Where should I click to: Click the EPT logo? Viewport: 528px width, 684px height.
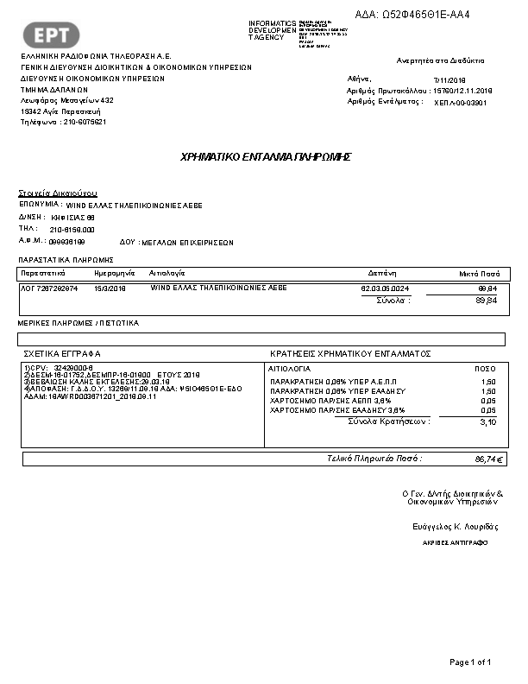coord(56,34)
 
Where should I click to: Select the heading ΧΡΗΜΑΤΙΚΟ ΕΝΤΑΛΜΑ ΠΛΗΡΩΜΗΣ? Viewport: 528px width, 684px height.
coord(266,157)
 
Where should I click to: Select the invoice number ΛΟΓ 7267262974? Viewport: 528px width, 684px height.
coord(49,288)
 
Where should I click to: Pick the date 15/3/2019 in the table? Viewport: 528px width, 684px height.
coord(110,288)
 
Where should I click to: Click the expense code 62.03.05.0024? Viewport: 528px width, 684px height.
coord(385,288)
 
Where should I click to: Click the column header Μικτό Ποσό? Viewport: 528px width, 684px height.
coord(478,272)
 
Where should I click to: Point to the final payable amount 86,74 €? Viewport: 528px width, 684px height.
coord(489,459)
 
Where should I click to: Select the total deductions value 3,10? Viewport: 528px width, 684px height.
coord(487,422)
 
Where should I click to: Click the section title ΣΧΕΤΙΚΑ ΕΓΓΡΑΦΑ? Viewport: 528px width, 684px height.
coord(62,354)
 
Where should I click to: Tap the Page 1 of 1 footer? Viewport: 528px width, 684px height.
coord(470,662)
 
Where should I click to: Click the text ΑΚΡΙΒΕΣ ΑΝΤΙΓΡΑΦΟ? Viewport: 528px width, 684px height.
coord(455,543)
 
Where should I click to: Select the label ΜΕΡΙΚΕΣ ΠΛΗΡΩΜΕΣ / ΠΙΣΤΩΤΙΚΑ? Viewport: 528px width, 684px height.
coord(79,322)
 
